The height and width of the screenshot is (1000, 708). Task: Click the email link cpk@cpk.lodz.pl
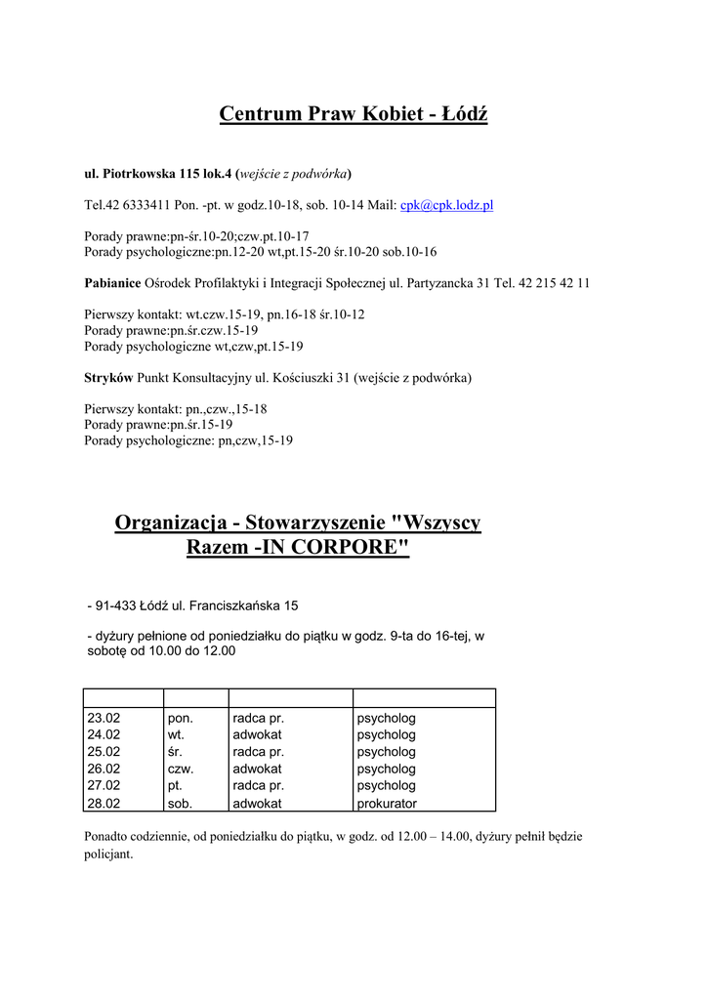[x=446, y=205]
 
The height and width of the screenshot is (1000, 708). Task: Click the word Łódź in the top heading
[x=464, y=114]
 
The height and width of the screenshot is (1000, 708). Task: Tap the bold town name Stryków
[x=108, y=377]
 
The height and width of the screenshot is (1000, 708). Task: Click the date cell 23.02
[x=104, y=719]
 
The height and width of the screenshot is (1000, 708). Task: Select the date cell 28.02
[x=104, y=804]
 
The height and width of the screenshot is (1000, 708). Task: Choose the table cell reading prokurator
[x=387, y=804]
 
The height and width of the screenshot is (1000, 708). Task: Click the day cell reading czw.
[x=182, y=770]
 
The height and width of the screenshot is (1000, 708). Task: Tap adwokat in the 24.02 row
[x=257, y=735]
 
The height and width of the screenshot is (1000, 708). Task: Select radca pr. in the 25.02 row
[x=258, y=752]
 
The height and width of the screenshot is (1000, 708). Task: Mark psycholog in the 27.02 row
[x=387, y=786]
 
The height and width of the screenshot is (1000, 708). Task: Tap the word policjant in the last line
[x=108, y=854]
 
